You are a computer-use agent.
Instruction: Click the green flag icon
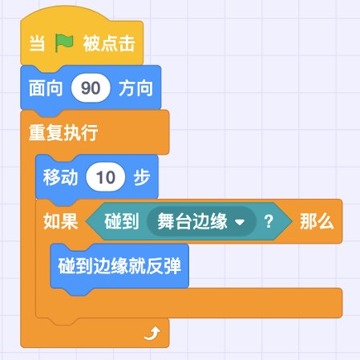click(64, 42)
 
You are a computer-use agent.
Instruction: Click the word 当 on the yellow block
click(37, 43)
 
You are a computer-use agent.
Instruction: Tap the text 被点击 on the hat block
click(109, 43)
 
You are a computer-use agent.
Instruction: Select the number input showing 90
click(91, 88)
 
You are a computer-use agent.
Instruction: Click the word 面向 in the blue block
click(46, 88)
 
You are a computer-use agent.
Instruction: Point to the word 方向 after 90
click(136, 88)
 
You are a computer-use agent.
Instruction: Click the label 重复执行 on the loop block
click(63, 132)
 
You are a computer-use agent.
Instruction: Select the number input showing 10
click(106, 177)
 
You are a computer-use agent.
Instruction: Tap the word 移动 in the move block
click(60, 177)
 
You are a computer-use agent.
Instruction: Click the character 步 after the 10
click(142, 177)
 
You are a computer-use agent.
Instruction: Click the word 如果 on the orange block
click(61, 221)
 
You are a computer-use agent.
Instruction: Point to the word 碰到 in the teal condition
click(122, 221)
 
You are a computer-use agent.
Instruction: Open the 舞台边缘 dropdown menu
click(201, 221)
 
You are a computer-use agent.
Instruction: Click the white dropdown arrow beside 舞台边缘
click(240, 222)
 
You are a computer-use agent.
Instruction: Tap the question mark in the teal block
click(269, 221)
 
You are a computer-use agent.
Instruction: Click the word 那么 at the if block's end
click(317, 221)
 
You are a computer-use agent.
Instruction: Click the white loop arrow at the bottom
click(152, 334)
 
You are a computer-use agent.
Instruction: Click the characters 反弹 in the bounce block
click(164, 266)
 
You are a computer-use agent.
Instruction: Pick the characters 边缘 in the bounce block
click(110, 266)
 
